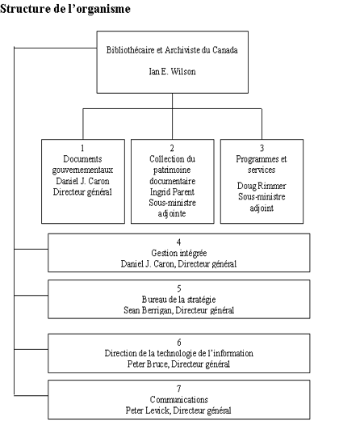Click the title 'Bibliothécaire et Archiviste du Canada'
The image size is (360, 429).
coord(179,50)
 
